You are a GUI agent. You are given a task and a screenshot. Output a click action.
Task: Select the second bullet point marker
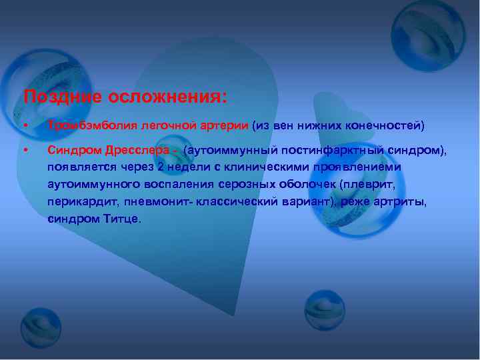pyautogui.click(x=25, y=151)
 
